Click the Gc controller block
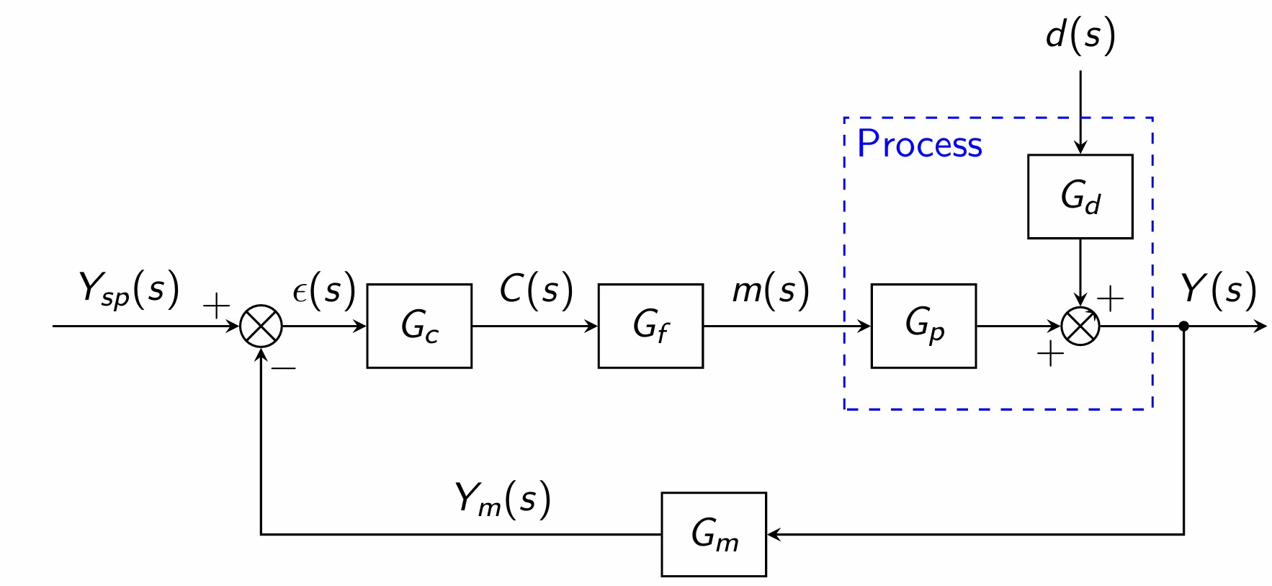click(419, 326)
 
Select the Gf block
click(650, 326)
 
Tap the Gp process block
click(923, 326)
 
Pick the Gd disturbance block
click(1080, 196)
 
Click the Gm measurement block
click(714, 534)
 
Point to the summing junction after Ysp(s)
click(261, 326)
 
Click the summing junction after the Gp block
click(1080, 326)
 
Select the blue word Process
click(919, 143)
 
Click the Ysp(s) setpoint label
click(128, 289)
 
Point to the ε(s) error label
click(324, 289)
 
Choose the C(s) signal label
click(537, 289)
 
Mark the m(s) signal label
click(771, 289)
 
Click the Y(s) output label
click(1219, 289)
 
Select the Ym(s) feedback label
click(503, 499)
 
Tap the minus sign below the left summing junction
click(284, 368)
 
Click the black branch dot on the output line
click(1183, 326)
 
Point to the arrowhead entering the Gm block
click(774, 534)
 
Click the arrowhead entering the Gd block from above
click(1080, 147)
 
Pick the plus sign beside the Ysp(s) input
click(216, 306)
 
